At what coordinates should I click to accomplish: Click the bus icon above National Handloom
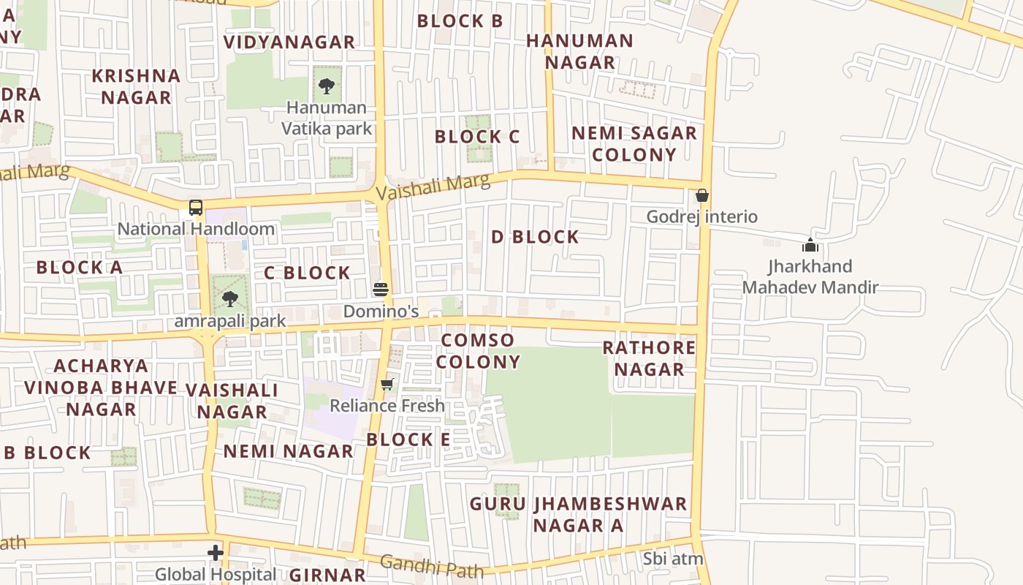point(196,208)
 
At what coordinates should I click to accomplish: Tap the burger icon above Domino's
point(380,289)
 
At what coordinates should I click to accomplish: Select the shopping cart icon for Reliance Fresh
point(387,384)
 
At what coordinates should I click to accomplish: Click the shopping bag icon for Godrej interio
point(701,195)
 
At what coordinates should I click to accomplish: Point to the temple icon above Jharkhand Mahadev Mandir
point(810,245)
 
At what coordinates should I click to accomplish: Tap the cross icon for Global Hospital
point(215,553)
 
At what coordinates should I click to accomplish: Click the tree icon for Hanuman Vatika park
point(326,86)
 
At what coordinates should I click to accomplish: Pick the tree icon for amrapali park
point(230,298)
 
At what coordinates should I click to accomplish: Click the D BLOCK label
point(535,237)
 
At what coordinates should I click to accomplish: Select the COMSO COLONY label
point(479,351)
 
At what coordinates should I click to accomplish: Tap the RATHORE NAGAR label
point(649,358)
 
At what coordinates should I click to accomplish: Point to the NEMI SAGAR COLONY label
point(634,144)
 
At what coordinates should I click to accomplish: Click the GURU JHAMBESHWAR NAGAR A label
point(578,515)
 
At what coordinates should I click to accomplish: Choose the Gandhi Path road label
point(432,566)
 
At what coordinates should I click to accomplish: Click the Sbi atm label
point(673,559)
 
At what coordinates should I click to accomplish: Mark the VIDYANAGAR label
point(289,42)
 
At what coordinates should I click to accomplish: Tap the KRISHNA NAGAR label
point(137,86)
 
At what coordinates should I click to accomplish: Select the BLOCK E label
point(408,439)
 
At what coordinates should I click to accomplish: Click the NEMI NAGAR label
point(289,451)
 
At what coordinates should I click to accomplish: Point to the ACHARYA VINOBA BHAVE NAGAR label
point(101,387)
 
